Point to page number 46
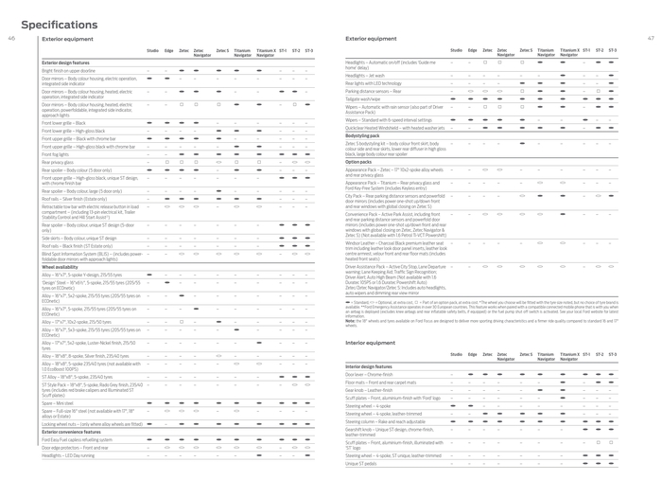(x=10, y=39)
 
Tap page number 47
(x=651, y=39)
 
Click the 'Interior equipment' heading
(x=370, y=343)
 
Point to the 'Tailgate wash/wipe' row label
(x=366, y=97)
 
